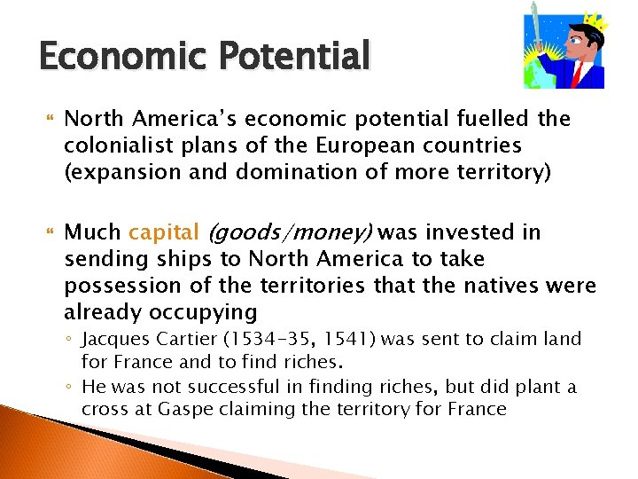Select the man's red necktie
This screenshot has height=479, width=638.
pos(578,74)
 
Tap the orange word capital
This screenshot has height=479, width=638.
pos(164,233)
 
